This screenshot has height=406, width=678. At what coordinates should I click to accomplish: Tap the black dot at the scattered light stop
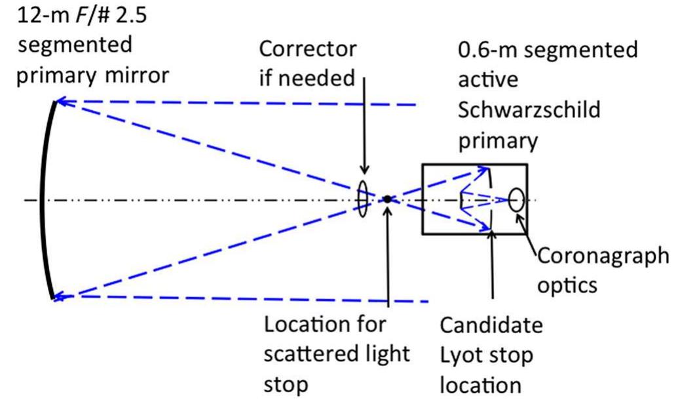(x=388, y=199)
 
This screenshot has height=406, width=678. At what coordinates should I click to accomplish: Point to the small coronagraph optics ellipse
(x=516, y=199)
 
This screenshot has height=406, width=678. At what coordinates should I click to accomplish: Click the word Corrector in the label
(x=308, y=49)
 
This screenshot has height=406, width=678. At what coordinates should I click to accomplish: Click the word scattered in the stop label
(x=305, y=354)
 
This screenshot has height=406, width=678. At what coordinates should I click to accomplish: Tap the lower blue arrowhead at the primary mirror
(x=60, y=296)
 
